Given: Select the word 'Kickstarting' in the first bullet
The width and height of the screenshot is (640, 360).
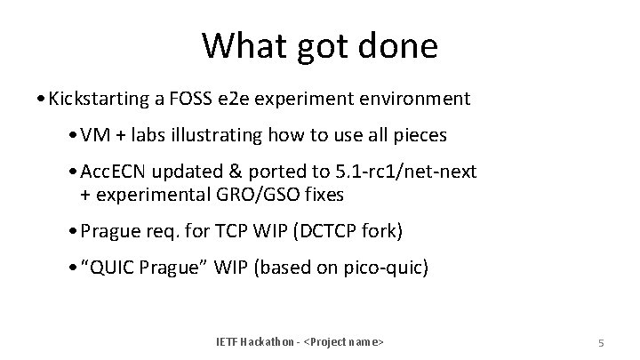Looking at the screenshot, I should tap(98, 98).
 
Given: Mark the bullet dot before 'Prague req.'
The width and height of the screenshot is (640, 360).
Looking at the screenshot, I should tap(74, 231).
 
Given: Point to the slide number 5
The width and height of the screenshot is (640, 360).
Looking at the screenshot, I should tap(601, 343).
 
